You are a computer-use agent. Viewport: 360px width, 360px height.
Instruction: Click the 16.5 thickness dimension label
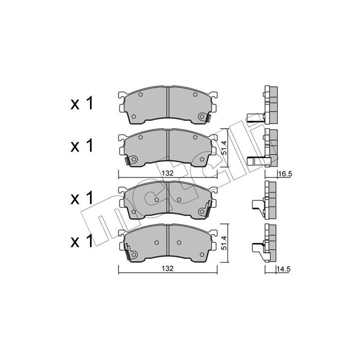[x=284, y=174]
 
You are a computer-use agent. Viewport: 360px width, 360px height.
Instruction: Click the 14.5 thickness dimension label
[x=284, y=269]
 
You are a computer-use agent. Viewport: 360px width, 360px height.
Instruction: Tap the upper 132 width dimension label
[x=167, y=173]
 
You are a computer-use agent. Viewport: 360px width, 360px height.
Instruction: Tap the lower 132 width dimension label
[x=167, y=268]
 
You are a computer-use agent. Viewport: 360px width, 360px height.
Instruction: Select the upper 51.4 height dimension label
[x=224, y=147]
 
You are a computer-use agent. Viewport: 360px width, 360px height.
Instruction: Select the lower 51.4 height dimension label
[x=224, y=242]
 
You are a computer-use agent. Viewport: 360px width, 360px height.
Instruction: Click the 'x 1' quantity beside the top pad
[x=81, y=103]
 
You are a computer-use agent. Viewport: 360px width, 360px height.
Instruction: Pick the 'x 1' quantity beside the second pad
[x=81, y=145]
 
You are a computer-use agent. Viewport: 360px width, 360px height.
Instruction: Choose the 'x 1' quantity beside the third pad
[x=81, y=197]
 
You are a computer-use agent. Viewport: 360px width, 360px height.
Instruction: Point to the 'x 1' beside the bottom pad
[x=81, y=241]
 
